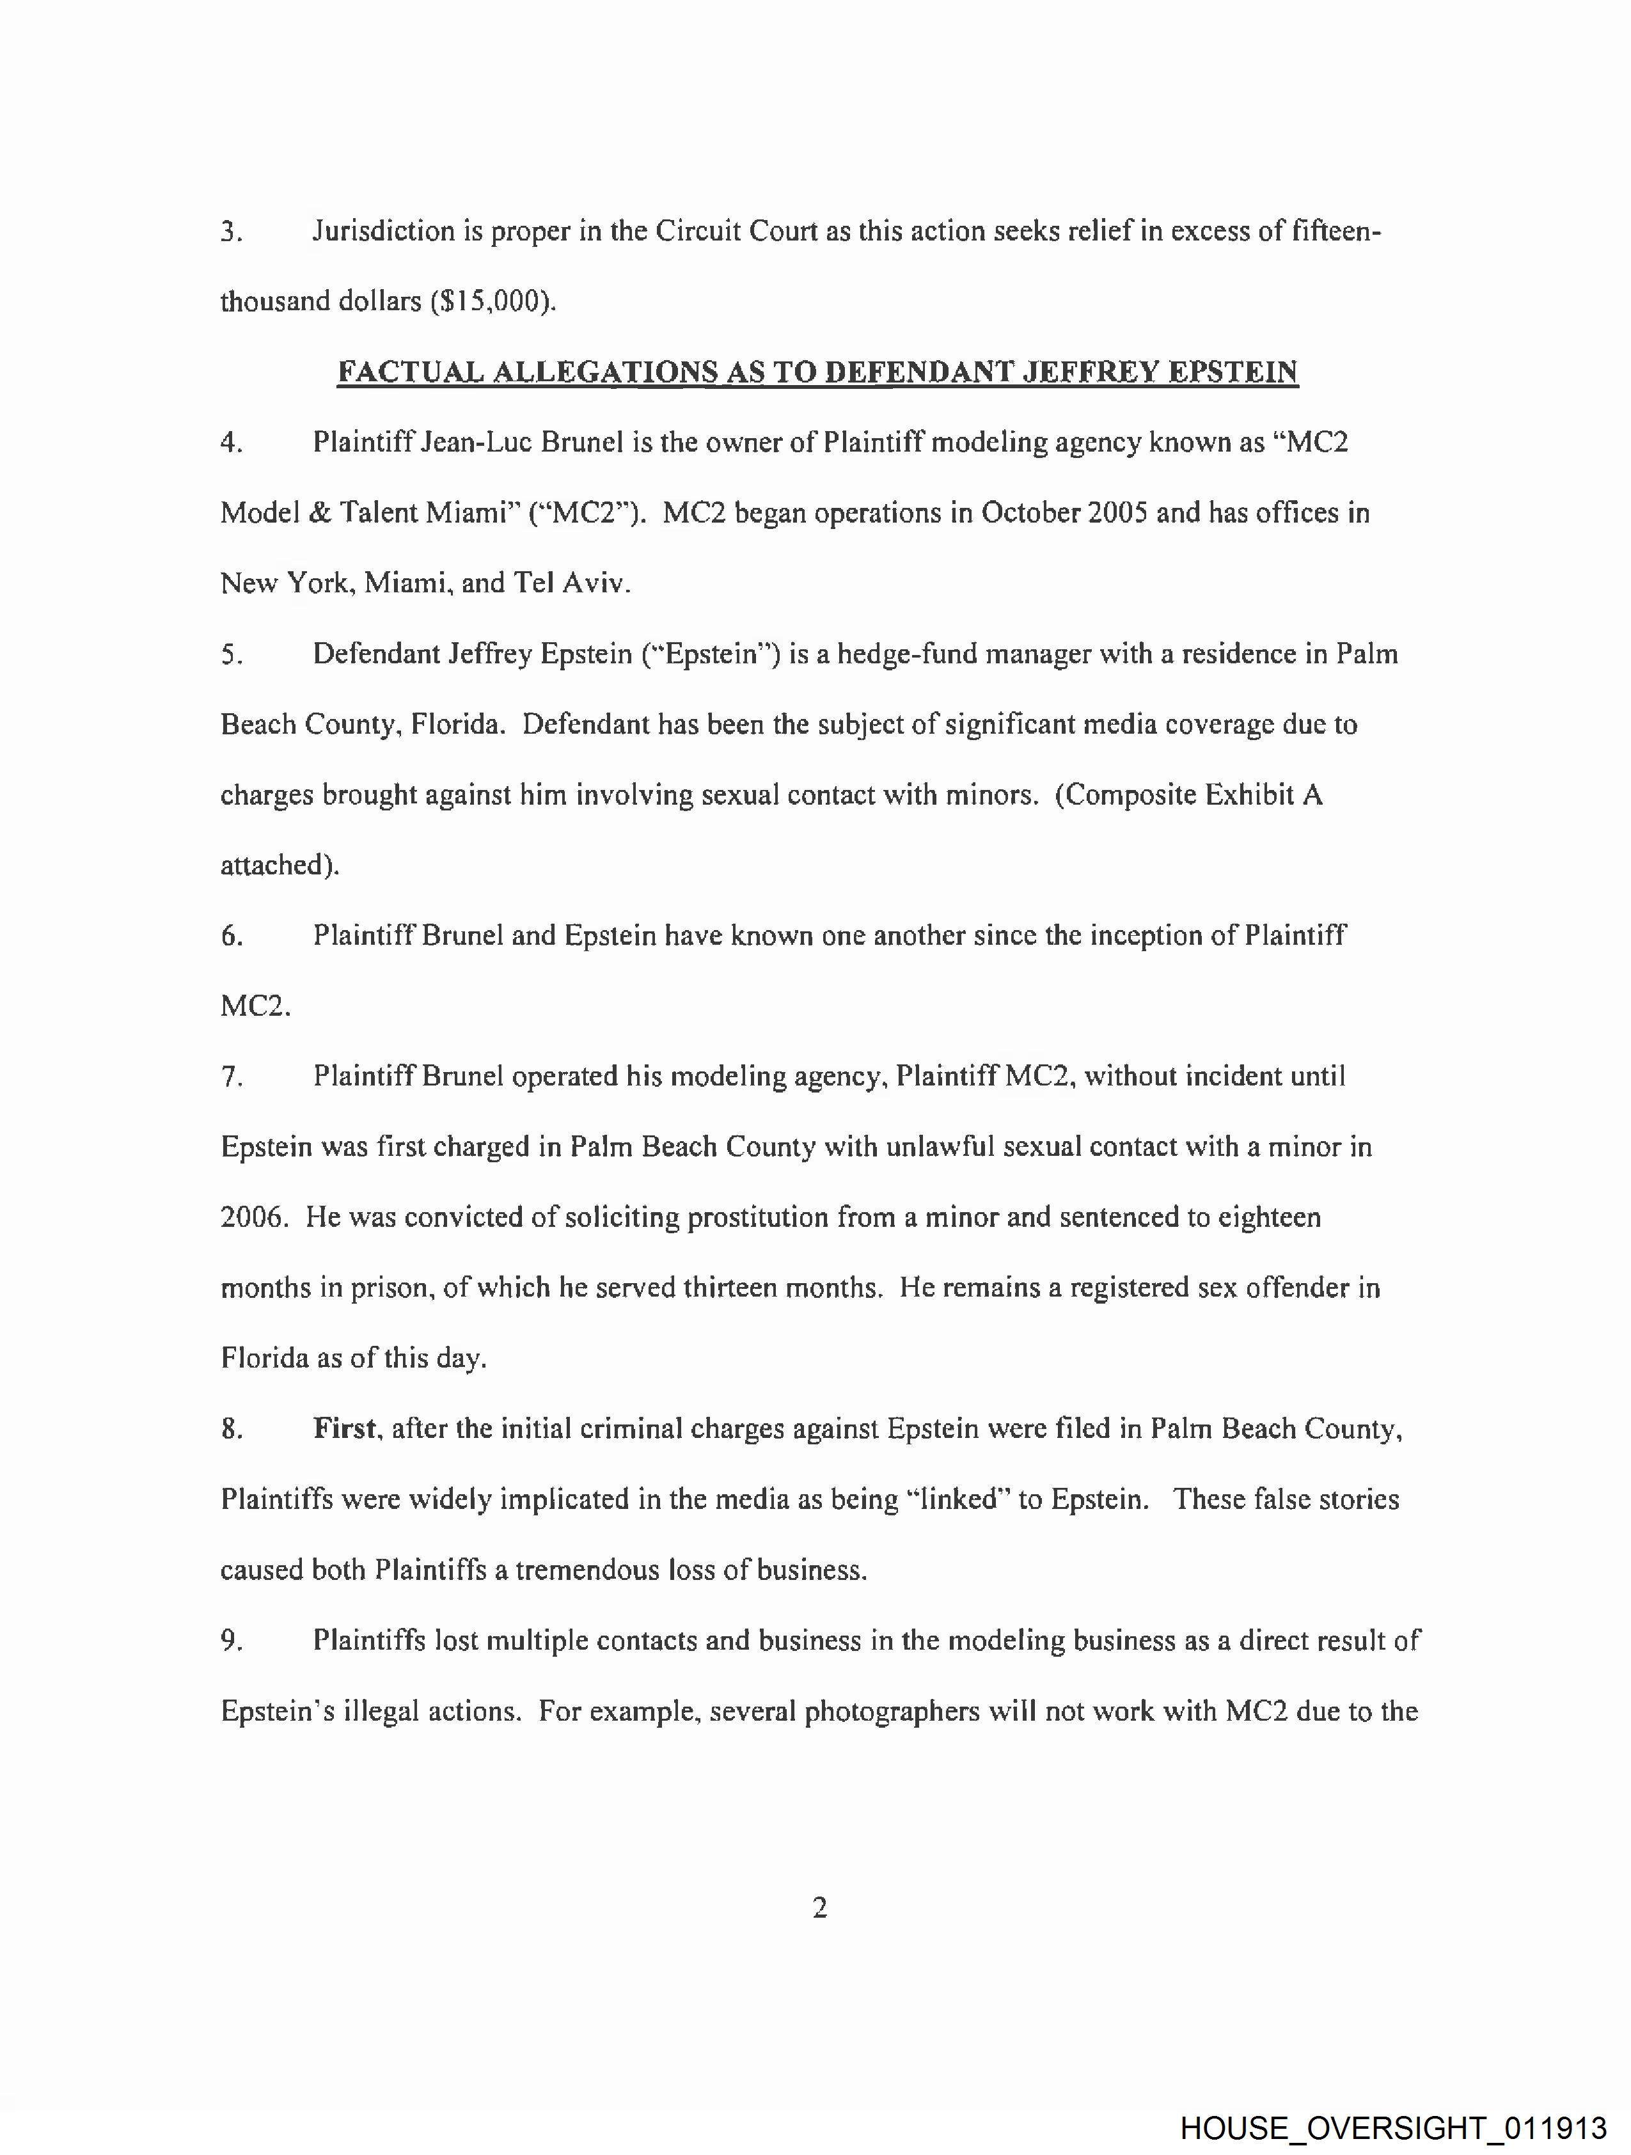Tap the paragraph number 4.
click(x=231, y=443)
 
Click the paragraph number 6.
click(x=231, y=936)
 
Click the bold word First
click(x=345, y=1429)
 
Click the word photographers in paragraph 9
click(x=892, y=1712)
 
